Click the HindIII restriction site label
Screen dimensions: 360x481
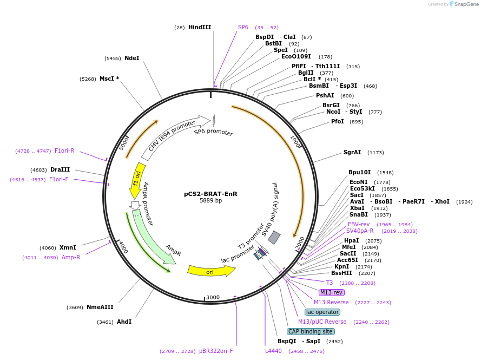(199, 27)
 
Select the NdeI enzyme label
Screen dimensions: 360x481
(131, 58)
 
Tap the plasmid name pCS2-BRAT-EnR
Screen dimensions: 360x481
(210, 193)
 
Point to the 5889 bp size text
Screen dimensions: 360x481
(210, 200)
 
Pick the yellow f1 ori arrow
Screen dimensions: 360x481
(137, 179)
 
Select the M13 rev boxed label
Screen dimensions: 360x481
(331, 292)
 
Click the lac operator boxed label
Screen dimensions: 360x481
(322, 312)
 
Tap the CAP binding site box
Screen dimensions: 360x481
(311, 331)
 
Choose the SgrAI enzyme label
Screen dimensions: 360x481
(352, 152)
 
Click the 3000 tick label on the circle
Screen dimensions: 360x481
(213, 297)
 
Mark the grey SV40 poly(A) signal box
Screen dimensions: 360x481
(274, 237)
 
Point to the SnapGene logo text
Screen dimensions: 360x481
(467, 4)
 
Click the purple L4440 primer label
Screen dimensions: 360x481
(273, 351)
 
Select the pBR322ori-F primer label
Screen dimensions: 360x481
(216, 351)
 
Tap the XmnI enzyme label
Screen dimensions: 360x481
(68, 247)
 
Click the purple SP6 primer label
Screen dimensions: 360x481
(243, 27)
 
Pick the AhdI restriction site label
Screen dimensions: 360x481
(124, 322)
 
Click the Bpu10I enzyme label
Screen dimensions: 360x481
(360, 172)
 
